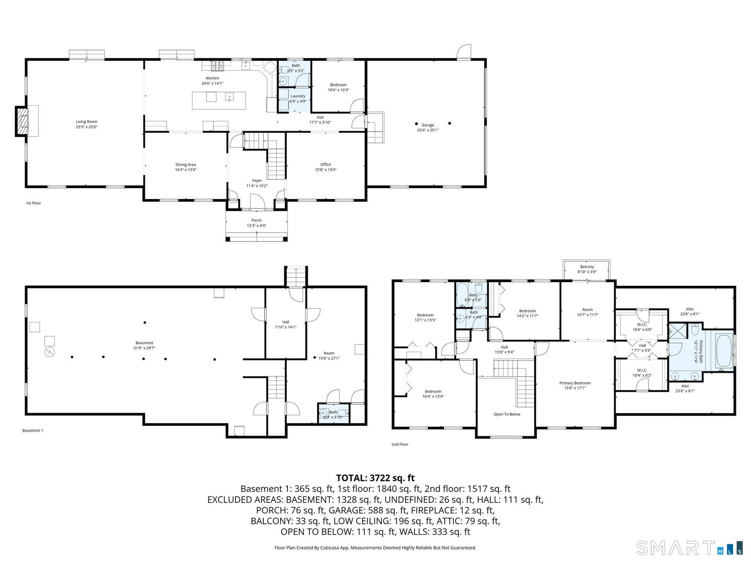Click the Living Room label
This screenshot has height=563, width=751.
click(86, 122)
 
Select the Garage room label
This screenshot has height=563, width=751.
click(428, 125)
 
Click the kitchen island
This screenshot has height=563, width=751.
click(219, 100)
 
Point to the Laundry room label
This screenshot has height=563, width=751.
click(298, 96)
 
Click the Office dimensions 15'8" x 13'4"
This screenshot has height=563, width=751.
click(325, 170)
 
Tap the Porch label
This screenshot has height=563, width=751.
click(257, 220)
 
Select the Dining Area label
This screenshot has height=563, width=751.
click(185, 165)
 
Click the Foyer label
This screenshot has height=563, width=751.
click(257, 181)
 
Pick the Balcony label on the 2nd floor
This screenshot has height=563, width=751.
click(587, 267)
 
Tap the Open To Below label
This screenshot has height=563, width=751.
click(507, 414)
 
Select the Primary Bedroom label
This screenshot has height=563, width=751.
click(575, 383)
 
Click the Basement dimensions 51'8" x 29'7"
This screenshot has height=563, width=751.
click(144, 348)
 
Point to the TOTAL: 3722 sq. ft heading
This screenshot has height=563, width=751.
click(375, 478)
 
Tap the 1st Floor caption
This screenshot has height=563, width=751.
click(33, 203)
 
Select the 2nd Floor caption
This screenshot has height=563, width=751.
click(400, 444)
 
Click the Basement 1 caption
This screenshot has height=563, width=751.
click(32, 430)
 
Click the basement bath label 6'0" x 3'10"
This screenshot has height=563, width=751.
click(333, 417)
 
